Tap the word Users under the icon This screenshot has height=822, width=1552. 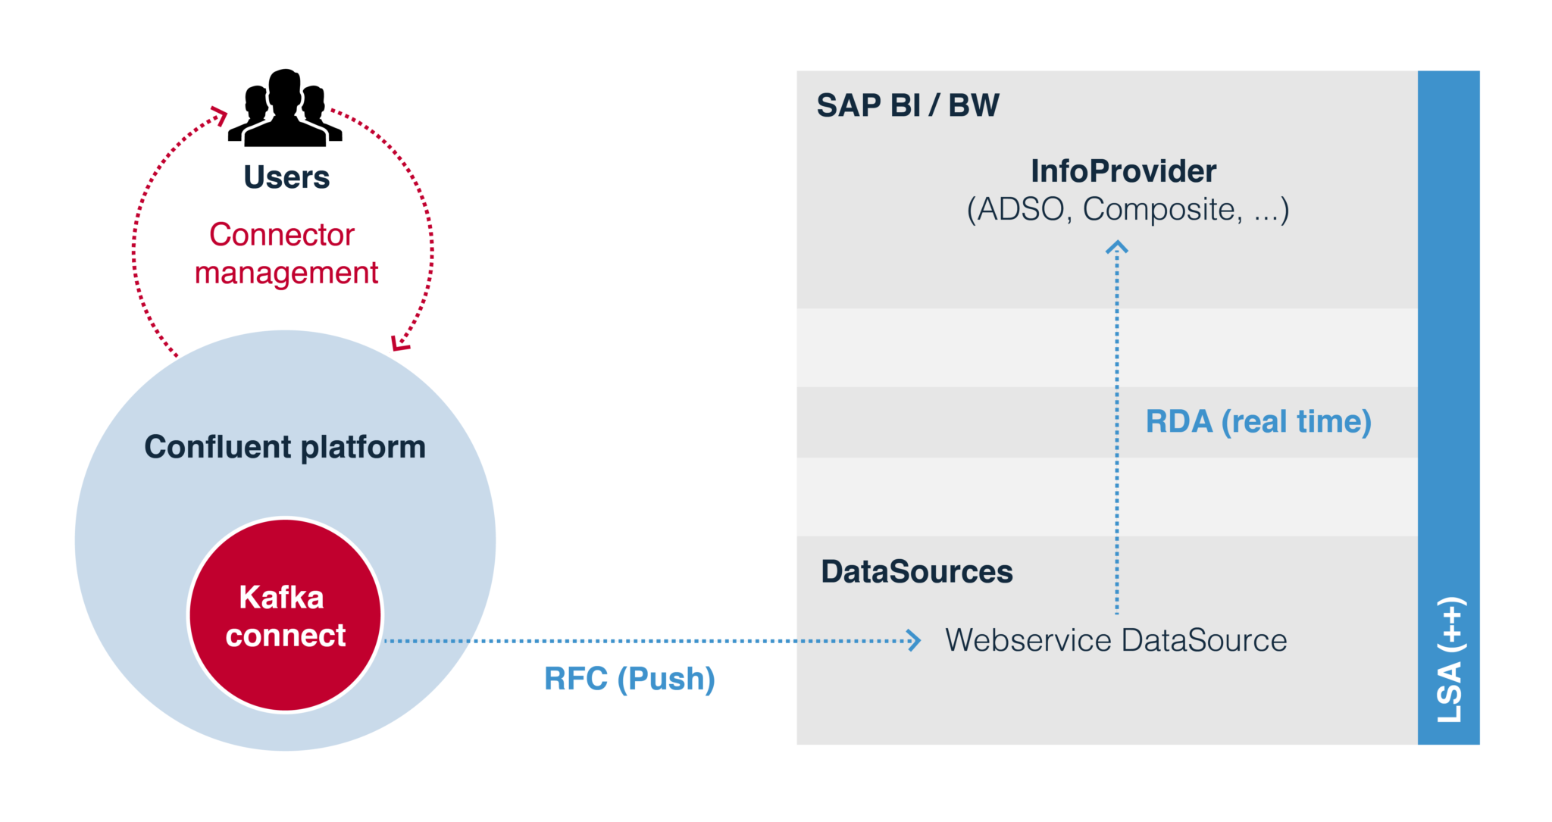coord(286,177)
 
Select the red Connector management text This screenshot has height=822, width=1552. coord(285,254)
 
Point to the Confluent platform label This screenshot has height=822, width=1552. coord(285,447)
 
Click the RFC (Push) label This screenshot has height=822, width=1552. coord(629,679)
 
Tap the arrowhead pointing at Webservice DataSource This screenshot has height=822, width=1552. coord(915,641)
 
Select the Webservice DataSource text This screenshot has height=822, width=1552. coord(1115,641)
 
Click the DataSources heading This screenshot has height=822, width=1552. coord(917,572)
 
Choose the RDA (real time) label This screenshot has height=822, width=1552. coord(1258,422)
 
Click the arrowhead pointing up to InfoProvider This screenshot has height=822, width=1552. coord(1116,247)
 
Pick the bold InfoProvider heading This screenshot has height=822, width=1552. coord(1123,171)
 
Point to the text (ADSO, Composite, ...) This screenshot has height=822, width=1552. coord(1128,210)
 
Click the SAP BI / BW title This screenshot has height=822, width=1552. coord(908,105)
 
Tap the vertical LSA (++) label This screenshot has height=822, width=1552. coord(1450,659)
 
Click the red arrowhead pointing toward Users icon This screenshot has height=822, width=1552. coord(221,114)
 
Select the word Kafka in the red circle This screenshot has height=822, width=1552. coord(281,598)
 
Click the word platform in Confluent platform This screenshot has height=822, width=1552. coord(363,448)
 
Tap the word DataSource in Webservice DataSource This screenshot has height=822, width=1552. coord(1204,641)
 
